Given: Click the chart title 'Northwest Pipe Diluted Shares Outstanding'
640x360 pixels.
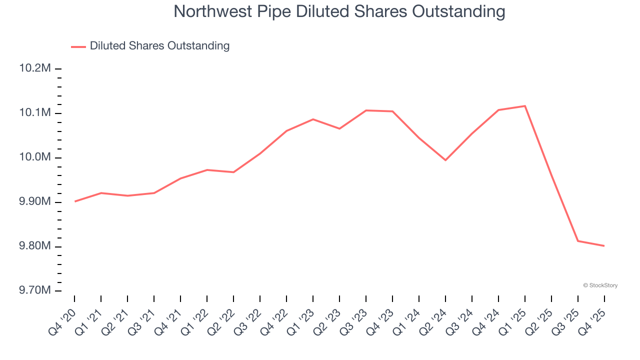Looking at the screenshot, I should pyautogui.click(x=339, y=11).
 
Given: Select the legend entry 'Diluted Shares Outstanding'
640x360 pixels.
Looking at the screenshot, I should pyautogui.click(x=159, y=46).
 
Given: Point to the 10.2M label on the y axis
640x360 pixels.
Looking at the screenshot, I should pyautogui.click(x=35, y=68).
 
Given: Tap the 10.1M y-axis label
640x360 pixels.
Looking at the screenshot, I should pyautogui.click(x=35, y=113).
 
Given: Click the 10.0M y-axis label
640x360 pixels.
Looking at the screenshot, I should pyautogui.click(x=35, y=157).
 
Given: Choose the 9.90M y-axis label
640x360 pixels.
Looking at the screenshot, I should pyautogui.click(x=35, y=202).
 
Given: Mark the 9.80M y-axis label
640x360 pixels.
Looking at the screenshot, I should pyautogui.click(x=35, y=246).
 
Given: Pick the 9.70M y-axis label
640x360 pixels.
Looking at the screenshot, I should pyautogui.click(x=35, y=290).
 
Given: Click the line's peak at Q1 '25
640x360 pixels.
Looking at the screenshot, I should pyautogui.click(x=525, y=106).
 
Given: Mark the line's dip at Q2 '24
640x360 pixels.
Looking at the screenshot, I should pyautogui.click(x=445, y=160).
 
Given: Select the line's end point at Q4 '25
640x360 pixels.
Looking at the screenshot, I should pyautogui.click(x=604, y=245).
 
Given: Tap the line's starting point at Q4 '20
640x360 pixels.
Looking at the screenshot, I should pyautogui.click(x=75, y=201).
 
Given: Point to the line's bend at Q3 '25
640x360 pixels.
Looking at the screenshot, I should pyautogui.click(x=578, y=241).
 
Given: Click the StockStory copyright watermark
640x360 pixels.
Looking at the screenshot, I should pyautogui.click(x=600, y=285).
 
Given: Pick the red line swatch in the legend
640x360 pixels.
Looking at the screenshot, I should pyautogui.click(x=78, y=46).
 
